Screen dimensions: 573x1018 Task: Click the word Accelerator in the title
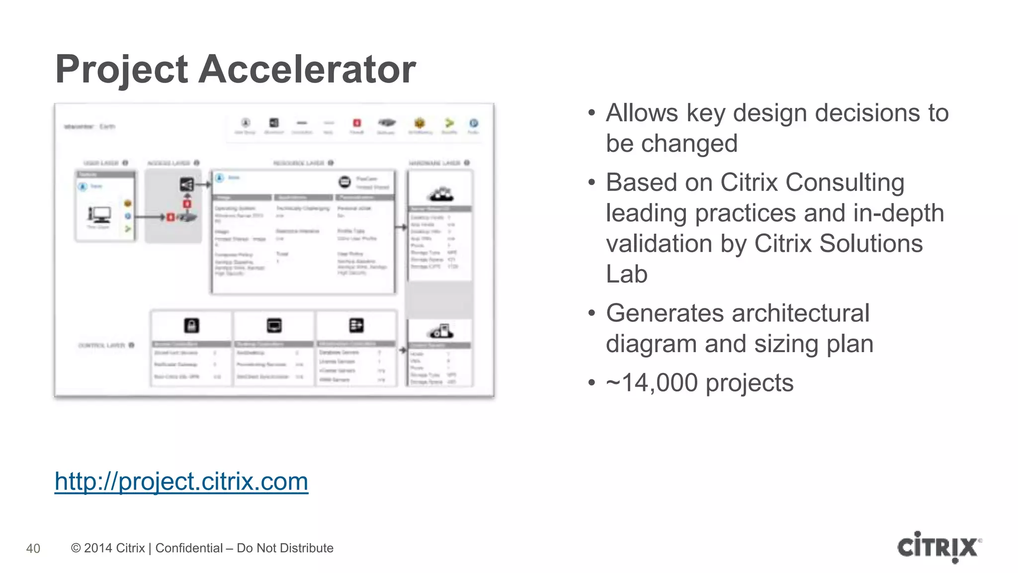point(307,69)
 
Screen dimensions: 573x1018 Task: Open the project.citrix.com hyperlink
point(181,481)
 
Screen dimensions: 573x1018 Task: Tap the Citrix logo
point(939,547)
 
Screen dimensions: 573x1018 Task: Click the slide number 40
point(33,548)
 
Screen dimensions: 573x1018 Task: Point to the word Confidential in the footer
point(189,548)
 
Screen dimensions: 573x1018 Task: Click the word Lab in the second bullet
point(626,274)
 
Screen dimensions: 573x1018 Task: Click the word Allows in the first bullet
point(642,113)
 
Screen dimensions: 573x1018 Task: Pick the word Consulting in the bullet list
point(845,183)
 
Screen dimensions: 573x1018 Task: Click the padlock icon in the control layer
point(191,325)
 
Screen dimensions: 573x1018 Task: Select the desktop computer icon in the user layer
point(99,214)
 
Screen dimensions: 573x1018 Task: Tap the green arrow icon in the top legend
point(449,123)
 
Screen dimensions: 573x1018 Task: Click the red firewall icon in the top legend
point(357,123)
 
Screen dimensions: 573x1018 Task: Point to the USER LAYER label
point(101,163)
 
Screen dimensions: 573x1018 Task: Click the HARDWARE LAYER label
point(434,163)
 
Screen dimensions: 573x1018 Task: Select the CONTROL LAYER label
point(102,345)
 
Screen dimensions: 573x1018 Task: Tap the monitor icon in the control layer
point(274,325)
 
